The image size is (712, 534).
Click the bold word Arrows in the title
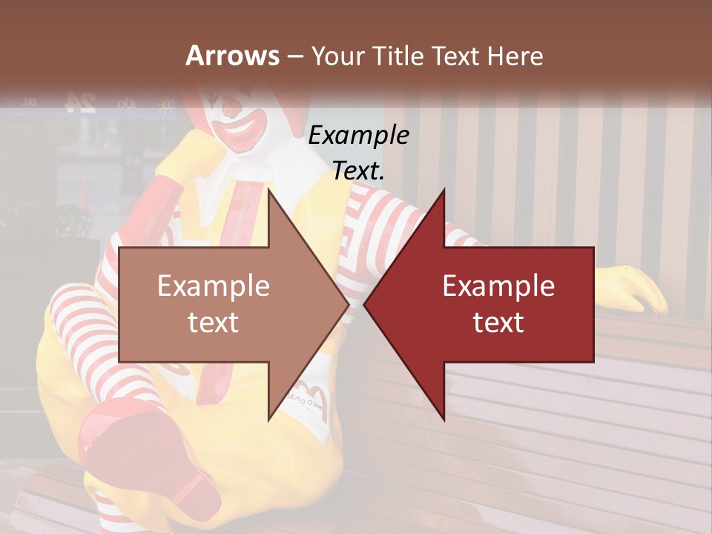point(232,56)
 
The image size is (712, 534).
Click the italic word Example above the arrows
point(358,136)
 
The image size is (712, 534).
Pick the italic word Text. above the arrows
point(358,171)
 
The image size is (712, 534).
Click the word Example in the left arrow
point(214,286)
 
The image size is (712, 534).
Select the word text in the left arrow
point(214,322)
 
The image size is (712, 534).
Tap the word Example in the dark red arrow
point(498,286)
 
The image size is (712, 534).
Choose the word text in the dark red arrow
point(498,322)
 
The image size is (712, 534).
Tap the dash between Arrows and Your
point(294,56)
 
